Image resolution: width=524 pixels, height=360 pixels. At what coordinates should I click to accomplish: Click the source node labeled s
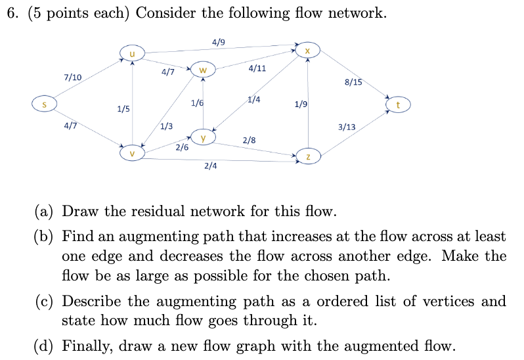coord(45,104)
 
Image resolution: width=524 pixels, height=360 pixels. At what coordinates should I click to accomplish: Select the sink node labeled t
coord(398,104)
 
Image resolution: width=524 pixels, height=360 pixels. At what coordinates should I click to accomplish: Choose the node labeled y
coord(204,139)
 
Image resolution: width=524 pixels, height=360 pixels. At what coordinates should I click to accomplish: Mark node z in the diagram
coord(308,156)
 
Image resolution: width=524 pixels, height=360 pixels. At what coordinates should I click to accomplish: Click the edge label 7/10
coord(72,78)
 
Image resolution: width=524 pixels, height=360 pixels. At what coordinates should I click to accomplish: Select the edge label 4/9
coord(219,43)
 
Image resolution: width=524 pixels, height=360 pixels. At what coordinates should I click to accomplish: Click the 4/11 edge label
coord(257,68)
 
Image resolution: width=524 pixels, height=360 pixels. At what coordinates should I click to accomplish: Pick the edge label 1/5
coord(123,109)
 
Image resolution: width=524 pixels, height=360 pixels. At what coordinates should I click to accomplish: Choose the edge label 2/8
coord(250,140)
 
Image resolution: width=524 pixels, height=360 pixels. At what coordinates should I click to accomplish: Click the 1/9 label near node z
coord(301,104)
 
